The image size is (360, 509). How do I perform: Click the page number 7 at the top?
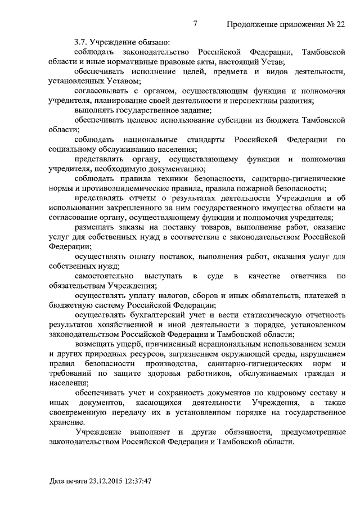[x=195, y=24]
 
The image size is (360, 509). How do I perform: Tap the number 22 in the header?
[x=339, y=25]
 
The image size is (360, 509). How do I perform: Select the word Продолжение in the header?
[x=254, y=25]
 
